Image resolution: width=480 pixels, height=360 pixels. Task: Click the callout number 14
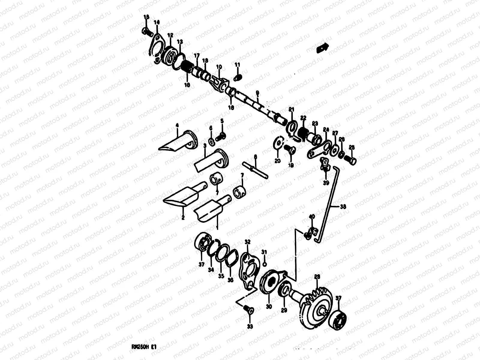[157, 22]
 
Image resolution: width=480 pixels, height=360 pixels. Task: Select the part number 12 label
[170, 35]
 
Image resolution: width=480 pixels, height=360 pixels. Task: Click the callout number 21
[291, 109]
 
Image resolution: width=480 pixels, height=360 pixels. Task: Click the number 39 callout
[326, 183]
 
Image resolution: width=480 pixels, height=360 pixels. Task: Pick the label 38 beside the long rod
[343, 207]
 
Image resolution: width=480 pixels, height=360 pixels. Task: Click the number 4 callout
[177, 125]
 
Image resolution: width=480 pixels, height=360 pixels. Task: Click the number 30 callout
[268, 306]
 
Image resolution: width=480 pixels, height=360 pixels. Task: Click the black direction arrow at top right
[323, 48]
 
